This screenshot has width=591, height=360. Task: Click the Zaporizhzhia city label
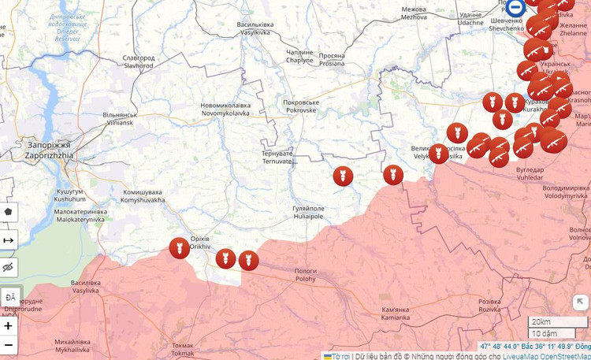(x=48, y=150)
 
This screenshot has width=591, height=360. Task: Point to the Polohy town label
(x=306, y=274)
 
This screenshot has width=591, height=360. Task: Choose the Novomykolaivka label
(x=225, y=109)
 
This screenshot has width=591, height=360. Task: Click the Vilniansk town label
(x=119, y=119)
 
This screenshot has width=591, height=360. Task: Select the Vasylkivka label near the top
(x=255, y=29)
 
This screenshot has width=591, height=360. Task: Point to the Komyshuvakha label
(x=143, y=196)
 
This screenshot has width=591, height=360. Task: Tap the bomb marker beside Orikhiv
(x=179, y=248)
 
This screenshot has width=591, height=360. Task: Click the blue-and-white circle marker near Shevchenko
(x=516, y=8)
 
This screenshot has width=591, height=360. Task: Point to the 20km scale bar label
(x=541, y=322)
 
